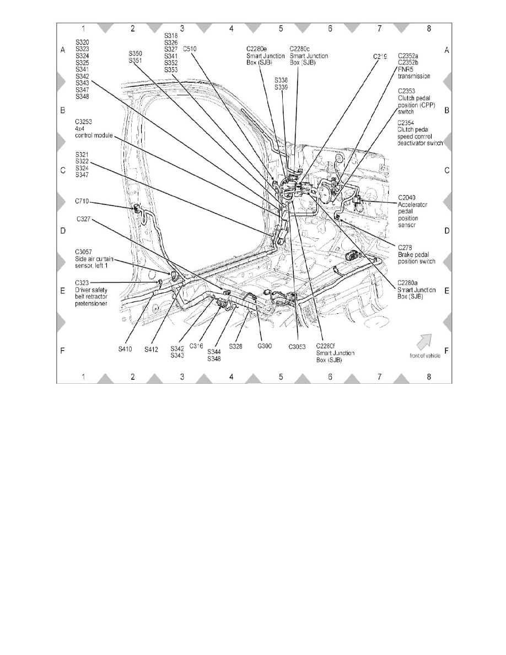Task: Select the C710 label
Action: pos(83,202)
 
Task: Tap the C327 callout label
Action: pos(83,219)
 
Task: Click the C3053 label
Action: pos(298,348)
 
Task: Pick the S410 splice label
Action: pos(126,348)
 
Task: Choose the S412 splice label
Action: pos(152,348)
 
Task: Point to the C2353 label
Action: pos(407,90)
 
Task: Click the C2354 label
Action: pos(408,122)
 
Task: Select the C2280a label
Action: pos(410,281)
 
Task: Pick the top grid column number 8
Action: pos(429,29)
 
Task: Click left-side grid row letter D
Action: pos(63,230)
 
